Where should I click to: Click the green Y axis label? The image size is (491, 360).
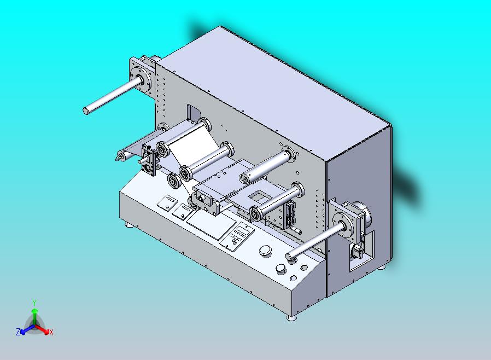[34, 303]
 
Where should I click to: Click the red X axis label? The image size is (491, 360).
[51, 332]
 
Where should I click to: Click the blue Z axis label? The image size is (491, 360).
[18, 332]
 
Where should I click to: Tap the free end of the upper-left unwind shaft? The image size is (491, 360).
[86, 111]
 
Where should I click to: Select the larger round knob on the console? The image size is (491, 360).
[265, 251]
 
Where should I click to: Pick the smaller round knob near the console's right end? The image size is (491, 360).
[280, 269]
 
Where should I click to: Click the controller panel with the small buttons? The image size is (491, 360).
[237, 236]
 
